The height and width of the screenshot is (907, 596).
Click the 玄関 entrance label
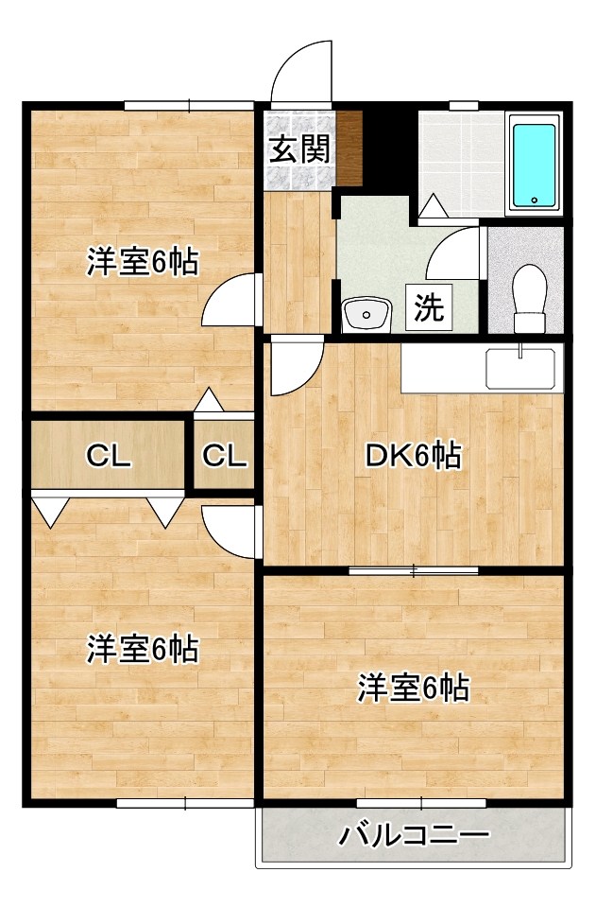(300, 149)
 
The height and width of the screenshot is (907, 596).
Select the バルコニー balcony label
(416, 835)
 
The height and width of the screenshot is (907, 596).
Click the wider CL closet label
(108, 457)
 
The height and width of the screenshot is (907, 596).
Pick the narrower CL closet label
(225, 457)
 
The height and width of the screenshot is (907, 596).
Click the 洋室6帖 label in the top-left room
(143, 262)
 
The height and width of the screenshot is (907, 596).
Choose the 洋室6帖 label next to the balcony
(413, 689)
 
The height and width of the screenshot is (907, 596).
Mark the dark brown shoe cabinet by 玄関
(350, 148)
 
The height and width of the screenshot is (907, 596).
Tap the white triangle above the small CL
(209, 401)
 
